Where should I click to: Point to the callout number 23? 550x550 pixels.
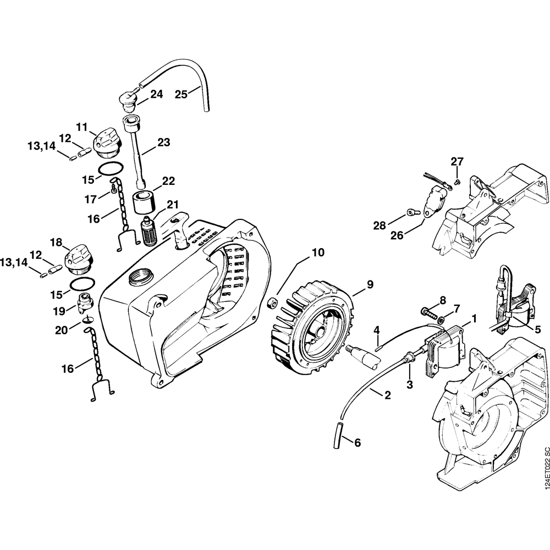tap(164, 142)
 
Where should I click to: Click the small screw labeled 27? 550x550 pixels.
tap(457, 182)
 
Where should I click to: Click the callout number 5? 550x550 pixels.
tap(538, 329)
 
